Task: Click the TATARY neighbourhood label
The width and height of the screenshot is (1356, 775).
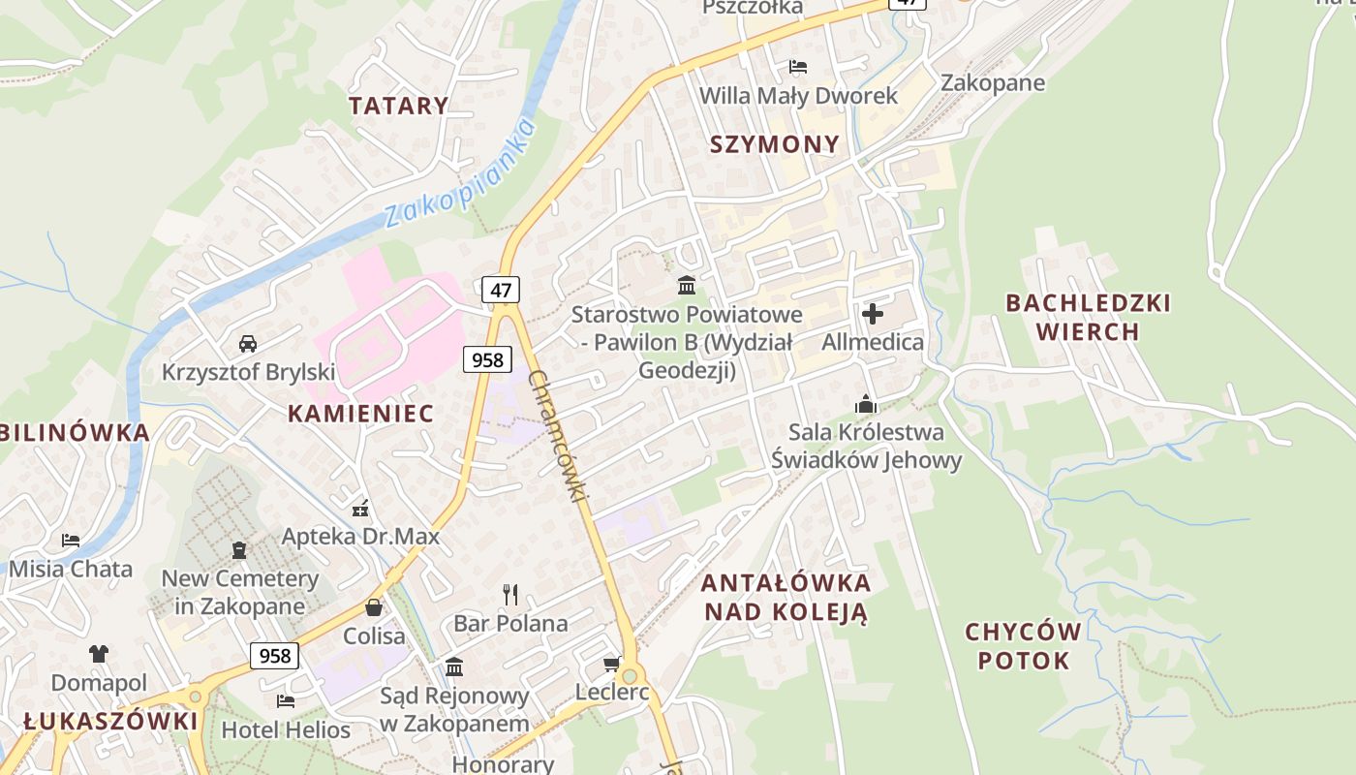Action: coord(398,106)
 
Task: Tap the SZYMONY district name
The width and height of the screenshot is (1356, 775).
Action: coord(775,144)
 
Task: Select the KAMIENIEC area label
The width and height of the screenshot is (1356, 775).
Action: coord(360,414)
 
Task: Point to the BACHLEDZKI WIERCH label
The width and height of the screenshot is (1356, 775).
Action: coord(1088,318)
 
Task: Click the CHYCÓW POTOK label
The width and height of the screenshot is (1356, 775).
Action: coord(1023,646)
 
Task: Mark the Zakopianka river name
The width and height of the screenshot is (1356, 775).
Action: coord(460,174)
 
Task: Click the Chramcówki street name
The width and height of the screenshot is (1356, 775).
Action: coord(559,436)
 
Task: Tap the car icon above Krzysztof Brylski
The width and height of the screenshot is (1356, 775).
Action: coord(248,343)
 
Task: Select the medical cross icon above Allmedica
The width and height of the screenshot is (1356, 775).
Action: coord(872,313)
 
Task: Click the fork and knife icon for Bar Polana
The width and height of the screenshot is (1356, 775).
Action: coord(510,594)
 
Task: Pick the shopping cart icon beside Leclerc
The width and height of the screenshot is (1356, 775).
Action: coord(611,664)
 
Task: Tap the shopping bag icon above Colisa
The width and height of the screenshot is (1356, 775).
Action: coord(374,607)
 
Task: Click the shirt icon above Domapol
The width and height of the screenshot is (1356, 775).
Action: coord(99,654)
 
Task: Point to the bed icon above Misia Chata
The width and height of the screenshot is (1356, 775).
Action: coord(71,540)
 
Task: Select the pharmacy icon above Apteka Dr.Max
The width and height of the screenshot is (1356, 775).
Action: coord(360,507)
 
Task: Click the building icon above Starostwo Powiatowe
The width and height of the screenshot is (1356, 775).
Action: coord(687,285)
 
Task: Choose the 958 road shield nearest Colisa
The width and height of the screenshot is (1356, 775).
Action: coord(274,656)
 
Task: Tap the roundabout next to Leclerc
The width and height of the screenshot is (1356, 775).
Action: coord(632,675)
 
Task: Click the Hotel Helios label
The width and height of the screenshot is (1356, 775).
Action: coord(286,729)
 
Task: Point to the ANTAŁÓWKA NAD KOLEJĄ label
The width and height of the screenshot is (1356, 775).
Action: coord(786,598)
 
